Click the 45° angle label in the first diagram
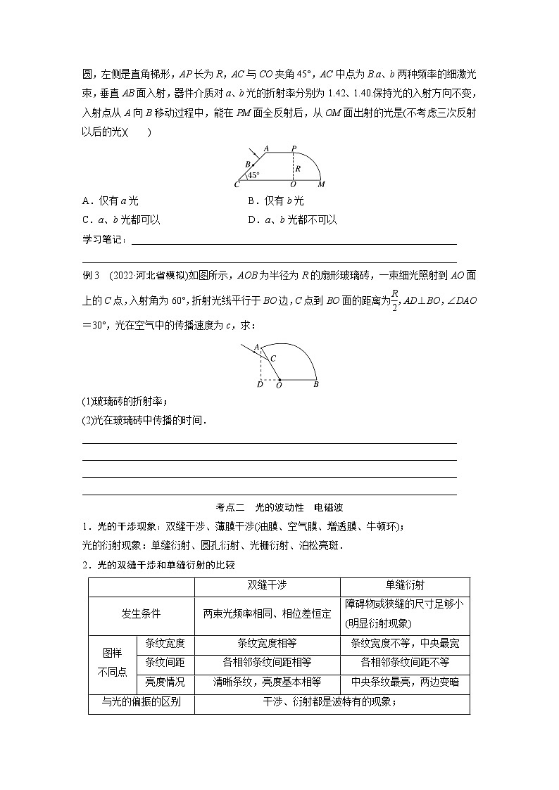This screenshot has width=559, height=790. click(x=253, y=175)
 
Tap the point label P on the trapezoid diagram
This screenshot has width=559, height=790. click(x=294, y=148)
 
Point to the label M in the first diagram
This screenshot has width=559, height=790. click(x=322, y=185)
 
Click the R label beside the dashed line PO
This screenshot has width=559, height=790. click(x=298, y=169)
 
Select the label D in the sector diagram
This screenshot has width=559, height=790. click(x=260, y=385)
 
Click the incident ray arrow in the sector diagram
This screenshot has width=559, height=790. click(x=248, y=349)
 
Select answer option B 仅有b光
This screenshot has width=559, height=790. click(x=276, y=201)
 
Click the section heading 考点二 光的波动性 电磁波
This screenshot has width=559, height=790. click(x=279, y=507)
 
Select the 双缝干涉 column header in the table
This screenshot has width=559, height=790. click(x=267, y=585)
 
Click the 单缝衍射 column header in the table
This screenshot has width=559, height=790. click(x=405, y=585)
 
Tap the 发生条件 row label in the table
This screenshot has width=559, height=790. click(x=141, y=613)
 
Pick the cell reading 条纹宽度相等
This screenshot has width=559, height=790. click(x=267, y=642)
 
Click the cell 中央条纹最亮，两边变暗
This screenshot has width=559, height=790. click(x=405, y=681)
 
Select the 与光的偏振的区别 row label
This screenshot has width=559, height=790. click(x=141, y=701)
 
